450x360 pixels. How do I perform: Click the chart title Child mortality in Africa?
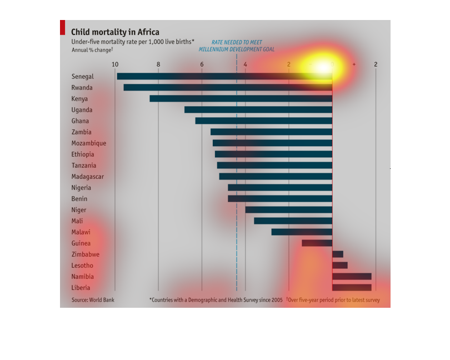pyautogui.click(x=115, y=32)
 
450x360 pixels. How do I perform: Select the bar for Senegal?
pyautogui.click(x=224, y=76)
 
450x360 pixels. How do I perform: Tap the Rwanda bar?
pyautogui.click(x=228, y=87)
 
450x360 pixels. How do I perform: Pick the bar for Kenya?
pyautogui.click(x=241, y=98)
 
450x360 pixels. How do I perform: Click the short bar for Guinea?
pyautogui.click(x=317, y=243)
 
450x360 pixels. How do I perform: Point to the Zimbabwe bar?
pyautogui.click(x=338, y=254)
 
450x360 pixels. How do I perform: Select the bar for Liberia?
pyautogui.click(x=352, y=287)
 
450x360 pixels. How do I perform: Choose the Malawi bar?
pyautogui.click(x=302, y=232)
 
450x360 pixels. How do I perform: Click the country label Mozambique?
pyautogui.click(x=89, y=143)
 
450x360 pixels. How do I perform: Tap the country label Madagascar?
pyautogui.click(x=88, y=176)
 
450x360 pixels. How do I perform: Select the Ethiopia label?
pyautogui.click(x=83, y=154)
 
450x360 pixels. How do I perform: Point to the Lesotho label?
pyautogui.click(x=82, y=265)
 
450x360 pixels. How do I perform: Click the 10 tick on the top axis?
pyautogui.click(x=114, y=65)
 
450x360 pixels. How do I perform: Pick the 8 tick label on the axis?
pyautogui.click(x=158, y=65)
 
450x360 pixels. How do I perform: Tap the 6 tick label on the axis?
pyautogui.click(x=202, y=65)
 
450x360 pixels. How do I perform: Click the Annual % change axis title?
pyautogui.click(x=92, y=50)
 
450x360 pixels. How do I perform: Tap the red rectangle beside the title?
pyautogui.click(x=63, y=28)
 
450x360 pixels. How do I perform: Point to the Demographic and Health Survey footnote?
pyautogui.click(x=216, y=300)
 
